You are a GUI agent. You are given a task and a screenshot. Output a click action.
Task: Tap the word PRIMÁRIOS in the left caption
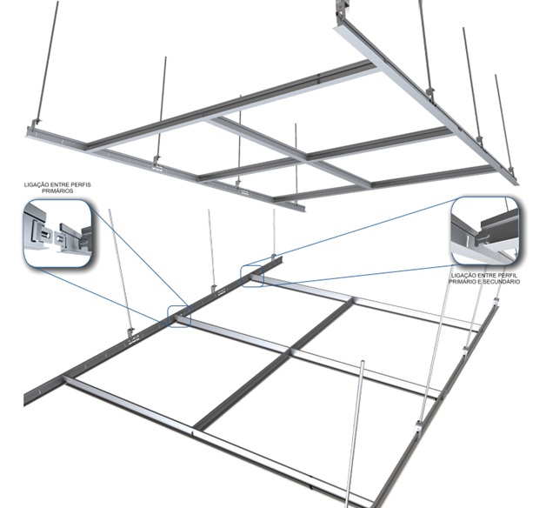click(57, 191)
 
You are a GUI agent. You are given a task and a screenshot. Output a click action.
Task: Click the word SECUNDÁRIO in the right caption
click(503, 282)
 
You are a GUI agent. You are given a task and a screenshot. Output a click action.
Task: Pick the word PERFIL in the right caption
click(509, 276)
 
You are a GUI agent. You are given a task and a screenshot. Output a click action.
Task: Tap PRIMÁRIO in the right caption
click(463, 282)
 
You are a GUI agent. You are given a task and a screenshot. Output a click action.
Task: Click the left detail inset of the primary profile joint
click(57, 233)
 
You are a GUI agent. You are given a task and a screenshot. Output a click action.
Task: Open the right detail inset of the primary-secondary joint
click(485, 231)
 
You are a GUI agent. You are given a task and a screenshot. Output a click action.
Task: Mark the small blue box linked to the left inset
click(179, 316)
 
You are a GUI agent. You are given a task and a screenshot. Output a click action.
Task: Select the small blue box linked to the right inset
click(252, 277)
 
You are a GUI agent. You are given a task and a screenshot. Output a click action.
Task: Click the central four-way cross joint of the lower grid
click(290, 350)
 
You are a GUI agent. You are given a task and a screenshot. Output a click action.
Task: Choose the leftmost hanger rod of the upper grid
click(47, 61)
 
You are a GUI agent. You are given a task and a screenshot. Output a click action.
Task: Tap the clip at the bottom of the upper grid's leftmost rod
click(36, 123)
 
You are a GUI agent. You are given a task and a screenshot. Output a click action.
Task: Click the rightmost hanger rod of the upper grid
click(503, 122)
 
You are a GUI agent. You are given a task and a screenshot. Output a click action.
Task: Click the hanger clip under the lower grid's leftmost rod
click(131, 334)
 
